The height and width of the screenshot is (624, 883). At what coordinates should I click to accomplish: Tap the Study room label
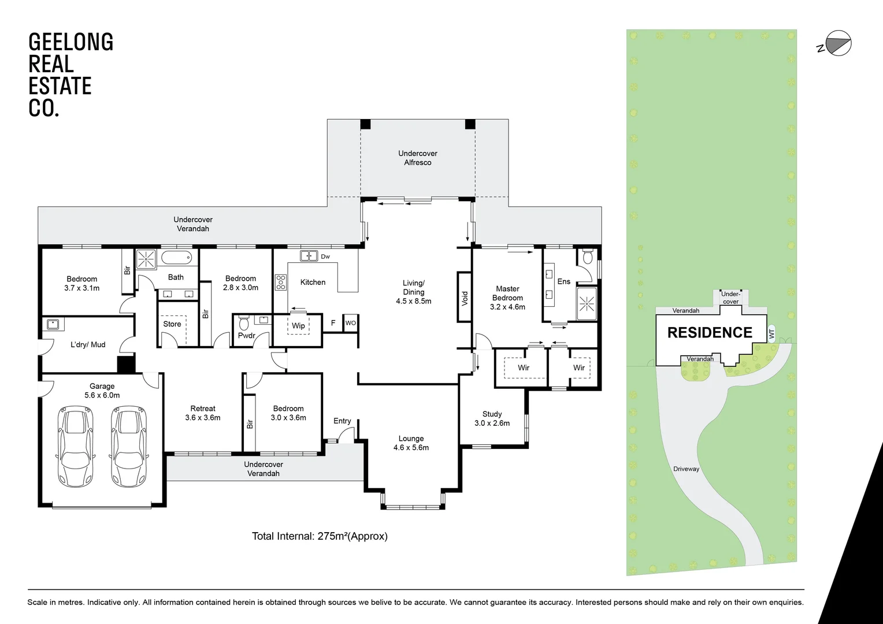[x=492, y=418]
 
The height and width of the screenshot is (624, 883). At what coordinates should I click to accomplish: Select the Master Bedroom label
[x=507, y=298]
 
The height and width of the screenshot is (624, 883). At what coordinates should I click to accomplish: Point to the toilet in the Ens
[x=588, y=257]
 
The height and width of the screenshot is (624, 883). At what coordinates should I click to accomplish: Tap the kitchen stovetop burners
[x=281, y=282]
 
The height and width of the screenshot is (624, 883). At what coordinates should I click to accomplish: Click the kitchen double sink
[x=309, y=255]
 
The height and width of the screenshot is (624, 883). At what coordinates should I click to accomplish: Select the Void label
[x=465, y=297]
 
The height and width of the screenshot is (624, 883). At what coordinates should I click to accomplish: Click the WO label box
[x=350, y=323]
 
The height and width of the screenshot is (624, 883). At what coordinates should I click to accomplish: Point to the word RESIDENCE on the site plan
[x=710, y=333]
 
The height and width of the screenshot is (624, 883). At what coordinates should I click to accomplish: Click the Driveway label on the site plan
[x=686, y=469]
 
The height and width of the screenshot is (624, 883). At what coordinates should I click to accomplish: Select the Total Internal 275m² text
[x=320, y=536]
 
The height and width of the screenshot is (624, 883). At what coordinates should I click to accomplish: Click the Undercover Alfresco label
[x=418, y=158]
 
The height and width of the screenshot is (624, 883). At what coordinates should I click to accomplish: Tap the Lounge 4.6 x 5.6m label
[x=411, y=443]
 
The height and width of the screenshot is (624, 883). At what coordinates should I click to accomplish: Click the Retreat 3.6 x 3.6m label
[x=203, y=413]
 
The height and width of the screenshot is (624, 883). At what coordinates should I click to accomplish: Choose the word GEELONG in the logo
[x=71, y=42]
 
